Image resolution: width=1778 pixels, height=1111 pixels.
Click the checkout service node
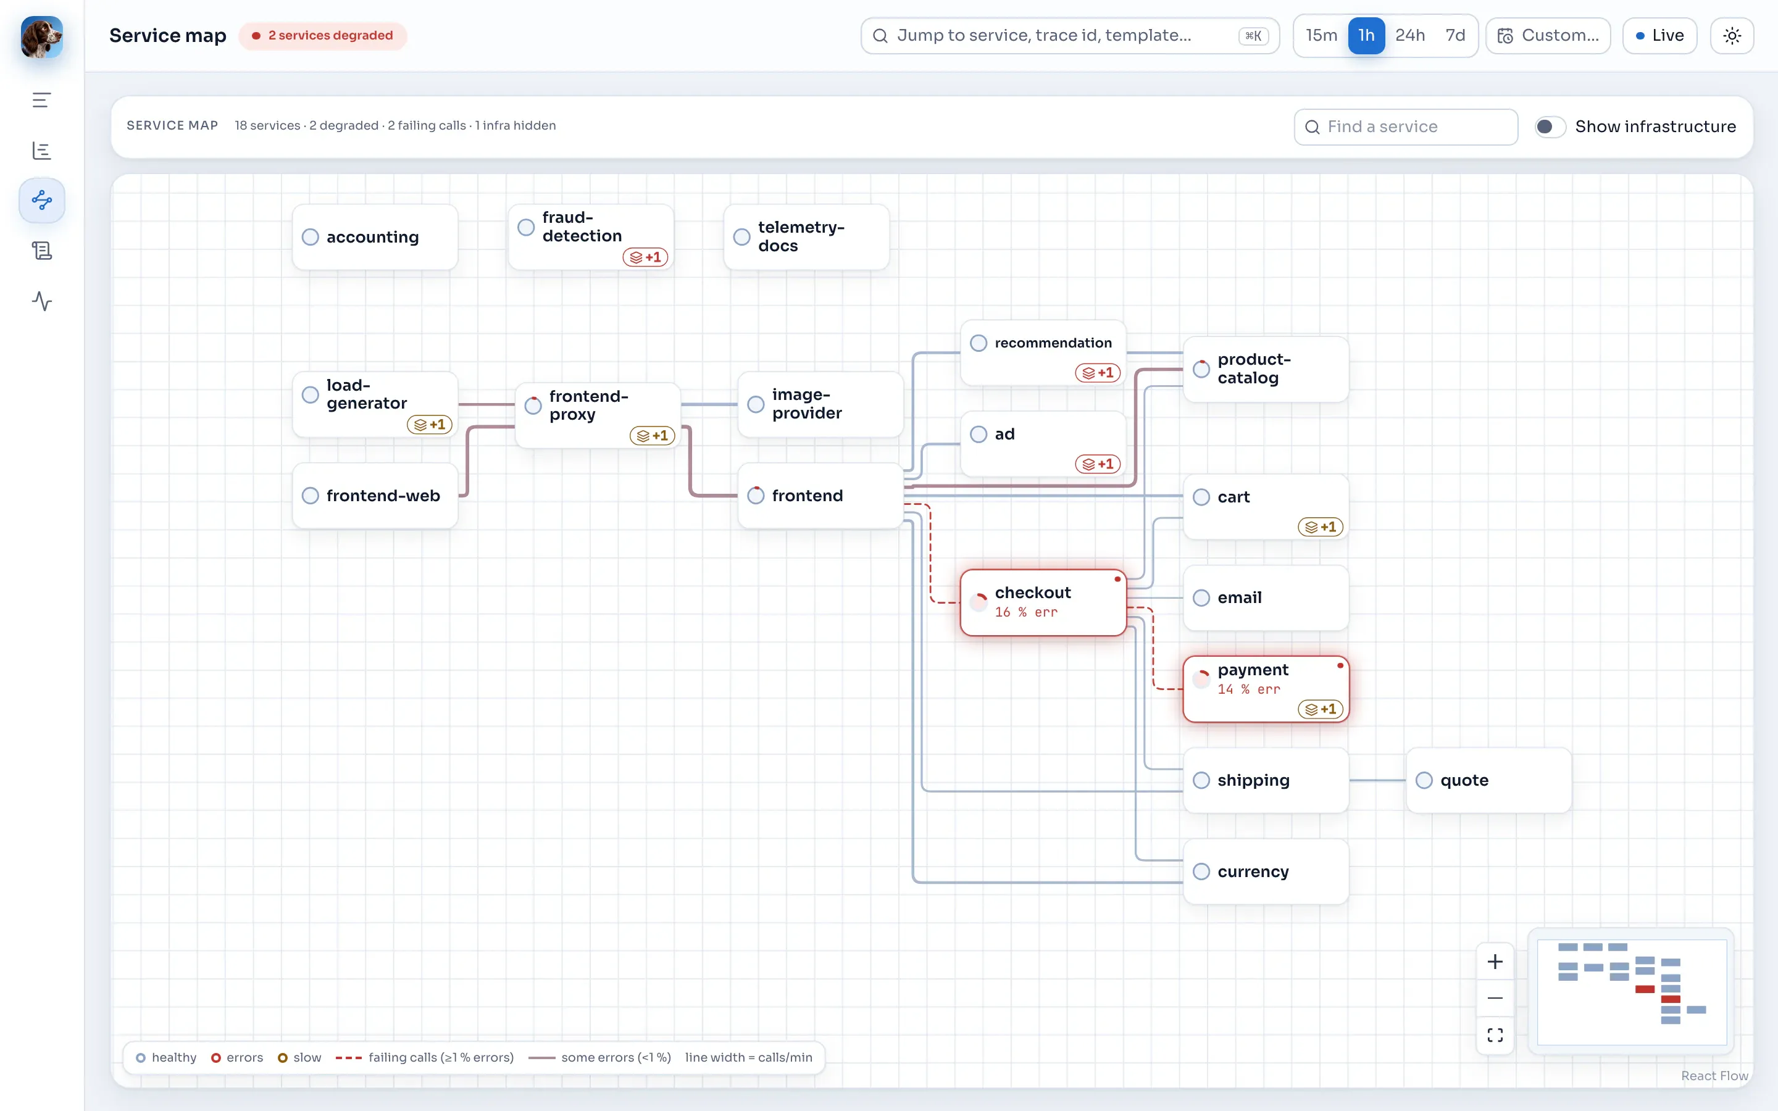[x=1043, y=602]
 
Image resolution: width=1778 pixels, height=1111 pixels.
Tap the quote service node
[x=1488, y=780]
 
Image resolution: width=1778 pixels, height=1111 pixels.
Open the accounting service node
[x=375, y=236]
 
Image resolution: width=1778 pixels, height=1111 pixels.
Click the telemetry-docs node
[x=806, y=236]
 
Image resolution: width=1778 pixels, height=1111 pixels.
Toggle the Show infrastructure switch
[x=1550, y=127]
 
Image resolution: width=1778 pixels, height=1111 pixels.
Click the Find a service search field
[x=1406, y=127]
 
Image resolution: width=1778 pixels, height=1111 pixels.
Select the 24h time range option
[x=1409, y=35]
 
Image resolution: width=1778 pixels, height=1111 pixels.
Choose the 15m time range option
[x=1321, y=35]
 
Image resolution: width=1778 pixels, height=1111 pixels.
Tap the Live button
[x=1659, y=35]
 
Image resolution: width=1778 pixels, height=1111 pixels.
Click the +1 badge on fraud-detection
[x=645, y=257]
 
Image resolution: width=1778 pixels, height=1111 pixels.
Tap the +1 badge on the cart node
[x=1321, y=527]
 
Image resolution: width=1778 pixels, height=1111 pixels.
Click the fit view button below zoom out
[x=1495, y=1034]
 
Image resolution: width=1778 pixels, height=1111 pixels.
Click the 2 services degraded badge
[x=322, y=35]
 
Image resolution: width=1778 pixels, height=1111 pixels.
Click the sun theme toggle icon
[x=1732, y=35]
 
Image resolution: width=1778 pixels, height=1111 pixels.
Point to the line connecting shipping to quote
[x=1377, y=780]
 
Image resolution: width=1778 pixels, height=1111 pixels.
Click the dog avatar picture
[x=41, y=37]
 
